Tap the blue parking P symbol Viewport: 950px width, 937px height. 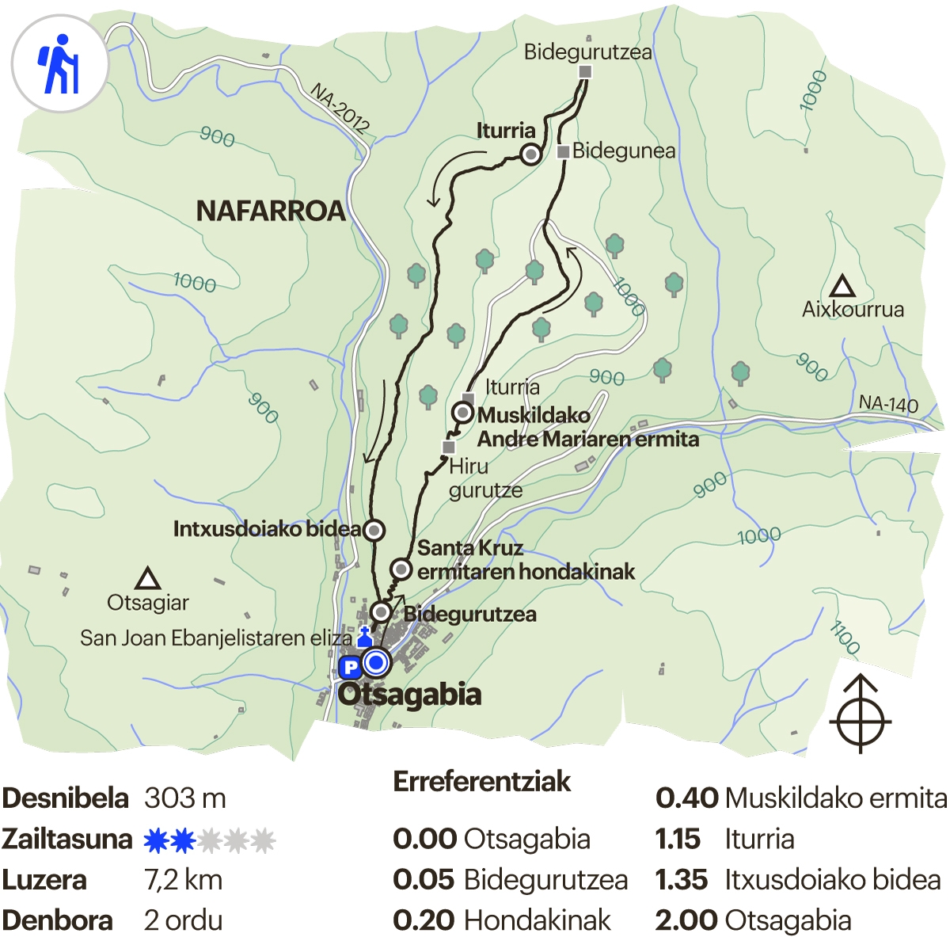pos(349,668)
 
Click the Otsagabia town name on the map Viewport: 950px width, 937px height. pos(409,695)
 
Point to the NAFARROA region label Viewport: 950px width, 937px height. pos(271,211)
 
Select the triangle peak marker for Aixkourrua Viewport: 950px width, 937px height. pos(842,286)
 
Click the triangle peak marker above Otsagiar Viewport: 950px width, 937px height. pos(147,579)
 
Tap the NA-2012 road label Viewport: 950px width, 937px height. pos(340,107)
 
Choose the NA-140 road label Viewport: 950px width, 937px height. pos(888,404)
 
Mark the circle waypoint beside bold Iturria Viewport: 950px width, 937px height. pos(530,154)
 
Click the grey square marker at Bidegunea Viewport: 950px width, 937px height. pos(563,151)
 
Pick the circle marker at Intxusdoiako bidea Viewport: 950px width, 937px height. pos(374,530)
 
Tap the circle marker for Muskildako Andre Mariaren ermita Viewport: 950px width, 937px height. pos(463,413)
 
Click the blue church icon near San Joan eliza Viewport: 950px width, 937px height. pos(365,637)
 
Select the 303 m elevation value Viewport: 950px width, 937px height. pos(185,798)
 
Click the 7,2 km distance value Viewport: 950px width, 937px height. pos(184,879)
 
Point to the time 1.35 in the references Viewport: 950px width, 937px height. pos(681,879)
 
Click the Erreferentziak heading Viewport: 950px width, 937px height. pos(481,781)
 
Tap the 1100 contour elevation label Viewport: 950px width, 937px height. pos(845,638)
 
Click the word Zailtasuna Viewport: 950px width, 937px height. pos(66,839)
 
